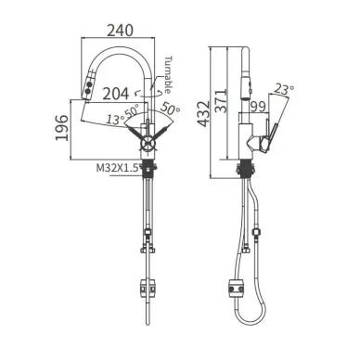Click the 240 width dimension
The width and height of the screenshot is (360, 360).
pyautogui.click(x=121, y=30)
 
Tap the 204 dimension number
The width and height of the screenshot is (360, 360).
pyautogui.click(x=116, y=94)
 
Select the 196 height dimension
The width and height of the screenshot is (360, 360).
pyautogui.click(x=62, y=128)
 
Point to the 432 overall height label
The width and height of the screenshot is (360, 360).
pyautogui.click(x=203, y=113)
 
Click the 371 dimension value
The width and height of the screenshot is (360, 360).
pyautogui.click(x=222, y=101)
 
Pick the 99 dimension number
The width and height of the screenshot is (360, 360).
pyautogui.click(x=258, y=107)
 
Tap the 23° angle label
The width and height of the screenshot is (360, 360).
pyautogui.click(x=284, y=89)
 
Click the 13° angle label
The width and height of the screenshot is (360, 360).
pyautogui.click(x=116, y=120)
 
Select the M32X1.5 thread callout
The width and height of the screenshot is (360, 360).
pyautogui.click(x=117, y=168)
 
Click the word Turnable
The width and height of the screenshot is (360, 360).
pyautogui.click(x=167, y=74)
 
